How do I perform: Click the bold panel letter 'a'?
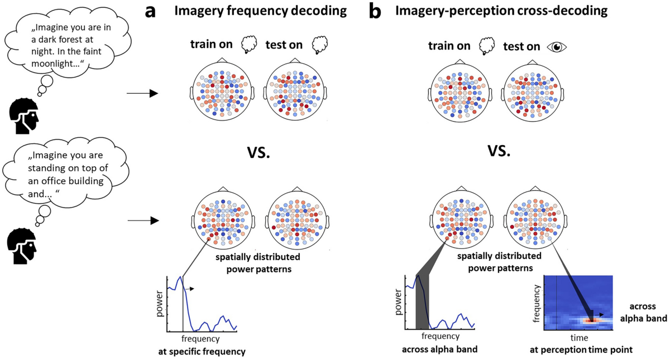point(151,12)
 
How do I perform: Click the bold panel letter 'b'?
point(375,11)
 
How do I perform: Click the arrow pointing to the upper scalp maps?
point(142,93)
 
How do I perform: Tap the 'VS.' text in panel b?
point(499,152)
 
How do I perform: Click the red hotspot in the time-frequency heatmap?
point(591,320)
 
